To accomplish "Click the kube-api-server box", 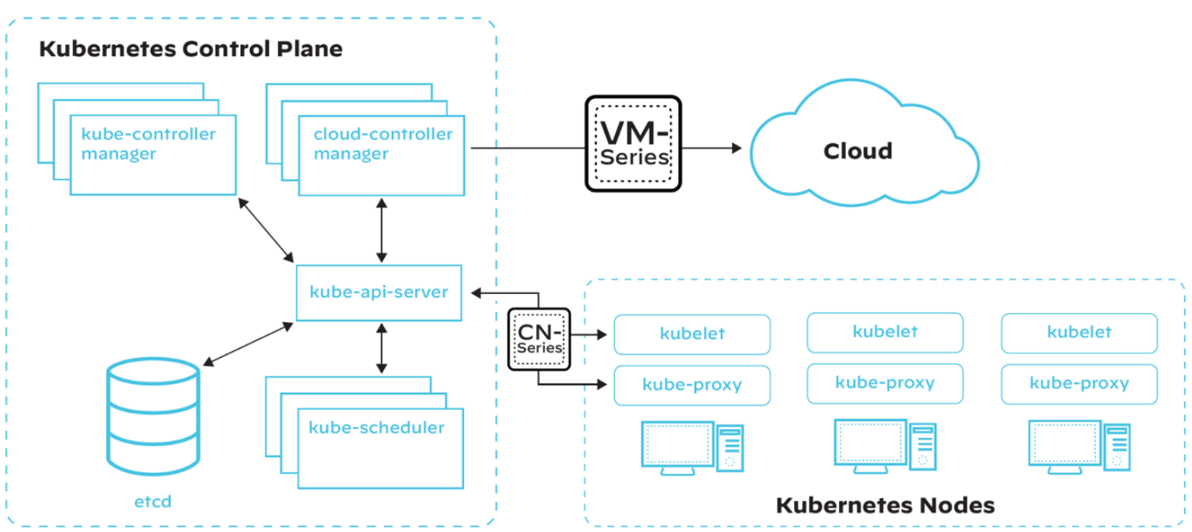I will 379,292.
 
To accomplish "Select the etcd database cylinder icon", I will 153,417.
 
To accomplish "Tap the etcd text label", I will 153,502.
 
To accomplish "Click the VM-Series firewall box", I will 634,144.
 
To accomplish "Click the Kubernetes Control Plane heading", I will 191,49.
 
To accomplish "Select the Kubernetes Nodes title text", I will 885,506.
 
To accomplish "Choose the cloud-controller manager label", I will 383,144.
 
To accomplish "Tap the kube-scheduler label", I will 376,427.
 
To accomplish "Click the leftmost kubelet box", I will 692,334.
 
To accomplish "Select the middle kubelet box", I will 884,332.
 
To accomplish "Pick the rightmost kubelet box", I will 1079,332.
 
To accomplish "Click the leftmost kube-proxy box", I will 692,385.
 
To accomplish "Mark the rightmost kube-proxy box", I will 1079,383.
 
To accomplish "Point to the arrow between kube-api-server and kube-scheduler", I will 382,348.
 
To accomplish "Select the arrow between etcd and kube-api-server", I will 248,344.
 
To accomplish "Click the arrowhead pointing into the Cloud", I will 733,148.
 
